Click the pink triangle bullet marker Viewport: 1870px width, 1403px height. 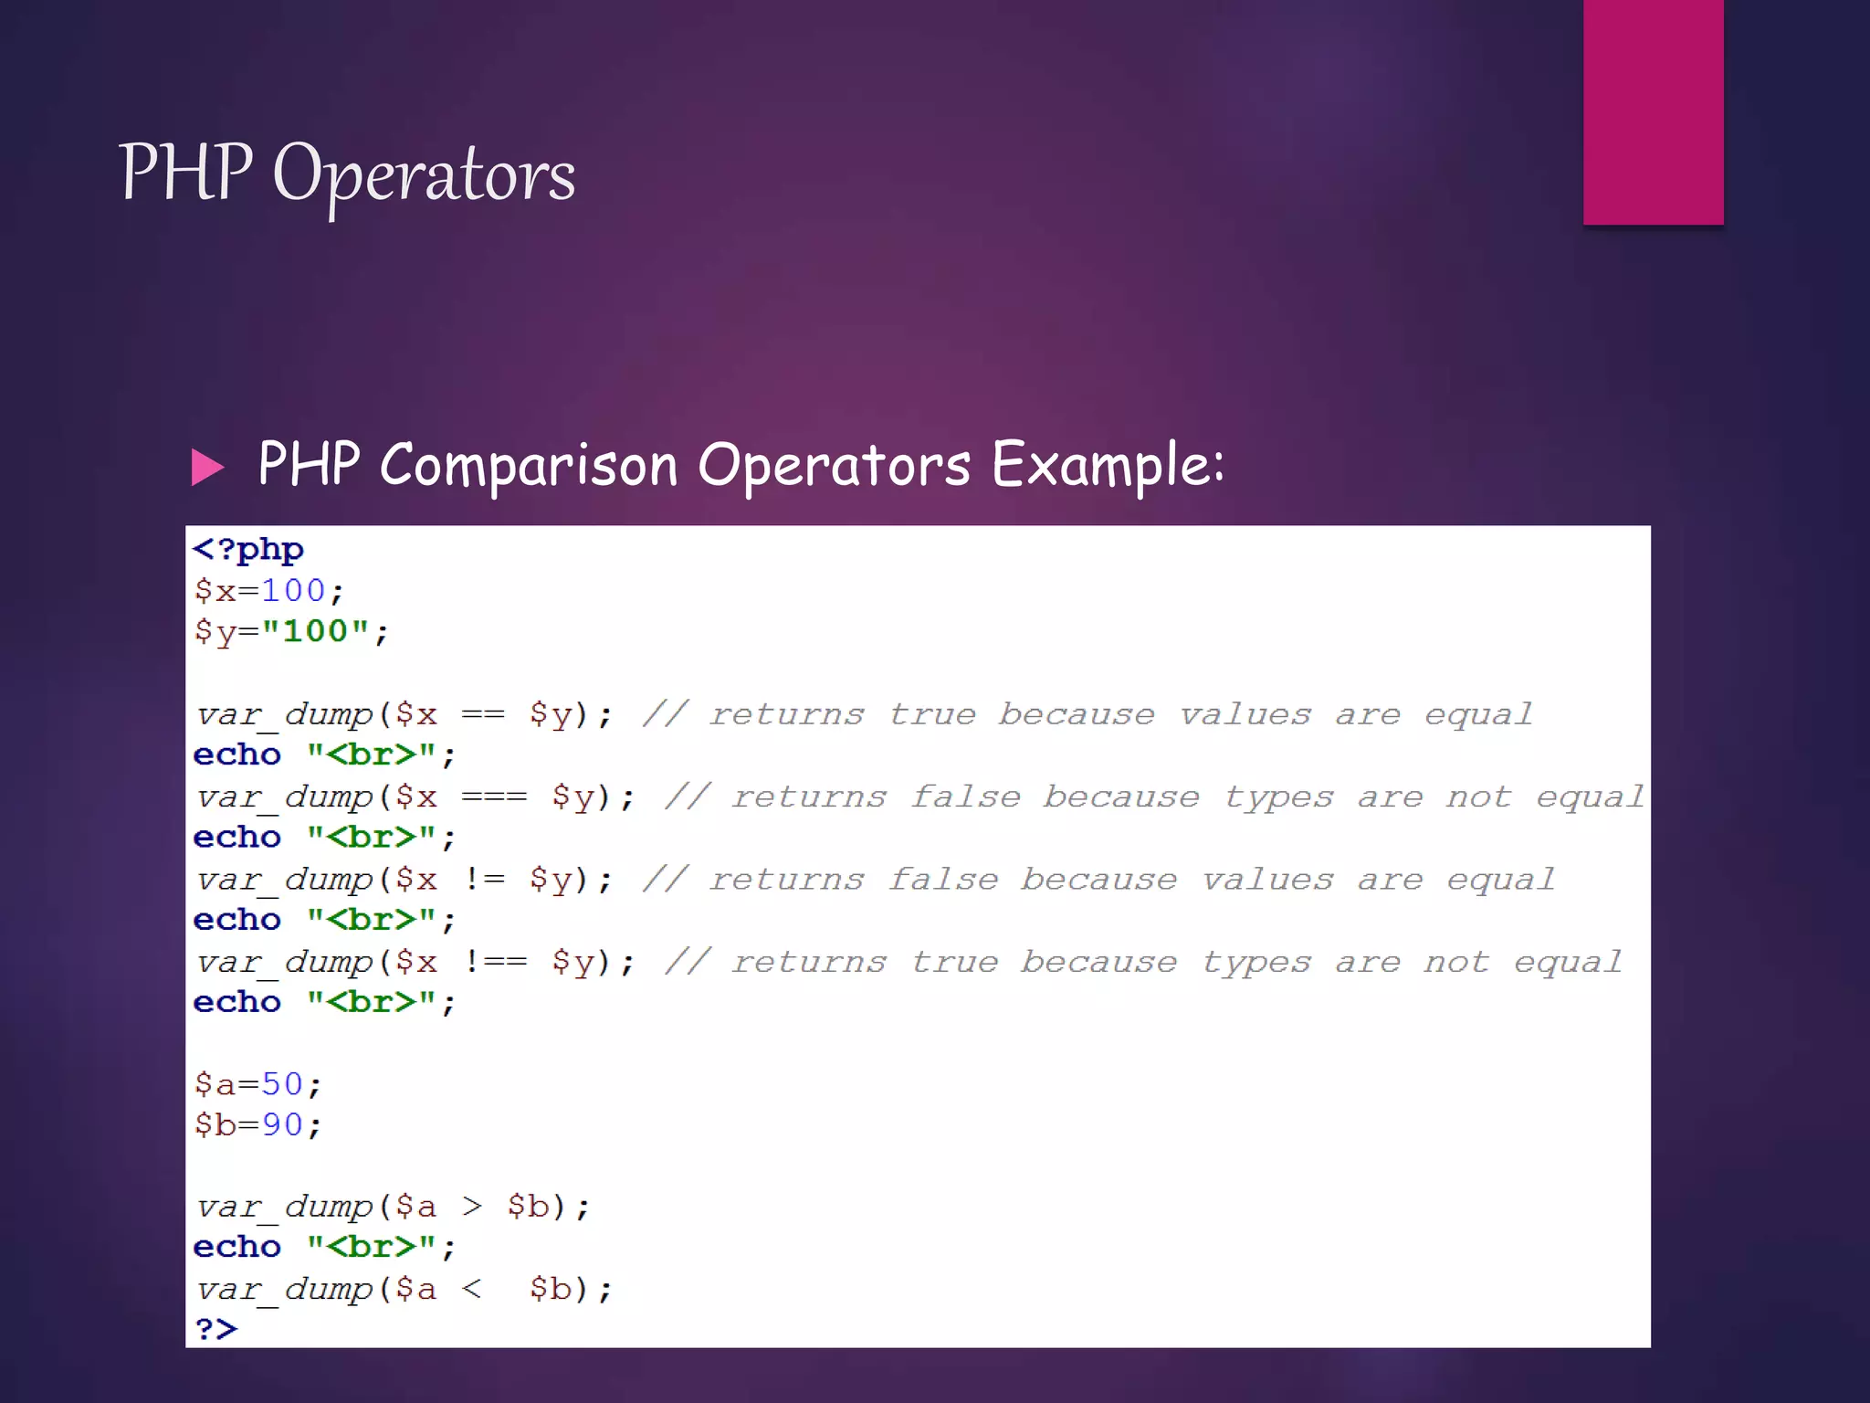tap(207, 467)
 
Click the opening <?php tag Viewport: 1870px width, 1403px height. tap(248, 550)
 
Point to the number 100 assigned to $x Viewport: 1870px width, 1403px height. tap(293, 591)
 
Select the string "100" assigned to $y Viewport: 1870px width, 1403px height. tap(315, 631)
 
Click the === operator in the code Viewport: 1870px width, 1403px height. tap(494, 796)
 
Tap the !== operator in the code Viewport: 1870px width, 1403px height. tap(496, 962)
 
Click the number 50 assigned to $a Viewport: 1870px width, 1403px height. tap(282, 1084)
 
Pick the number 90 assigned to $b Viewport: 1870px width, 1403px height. tap(282, 1124)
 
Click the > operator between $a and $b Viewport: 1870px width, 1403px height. tap(471, 1207)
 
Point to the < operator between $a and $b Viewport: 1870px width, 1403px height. tap(471, 1289)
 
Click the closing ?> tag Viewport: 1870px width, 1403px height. tap(215, 1329)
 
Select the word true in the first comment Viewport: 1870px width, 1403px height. tap(932, 714)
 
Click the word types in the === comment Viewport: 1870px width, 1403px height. tap(1278, 797)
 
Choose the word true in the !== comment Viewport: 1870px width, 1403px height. tap(954, 962)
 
